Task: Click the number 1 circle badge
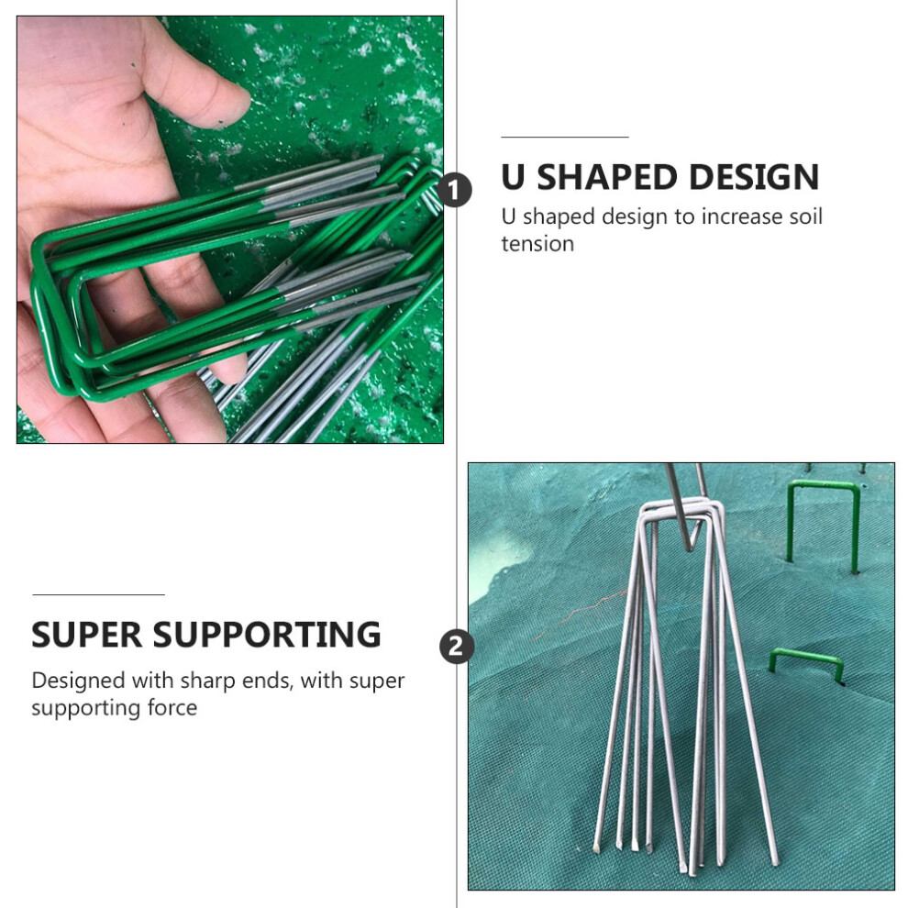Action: pos(454,190)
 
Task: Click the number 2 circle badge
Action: pos(457,647)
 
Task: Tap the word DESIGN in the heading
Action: pos(755,177)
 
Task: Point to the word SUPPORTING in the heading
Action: pos(267,635)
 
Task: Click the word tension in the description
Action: pos(537,244)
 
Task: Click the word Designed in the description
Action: pos(78,681)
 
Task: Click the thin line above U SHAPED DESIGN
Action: pos(565,138)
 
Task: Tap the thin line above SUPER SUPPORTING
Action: pos(98,594)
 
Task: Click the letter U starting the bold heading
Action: pos(513,177)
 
